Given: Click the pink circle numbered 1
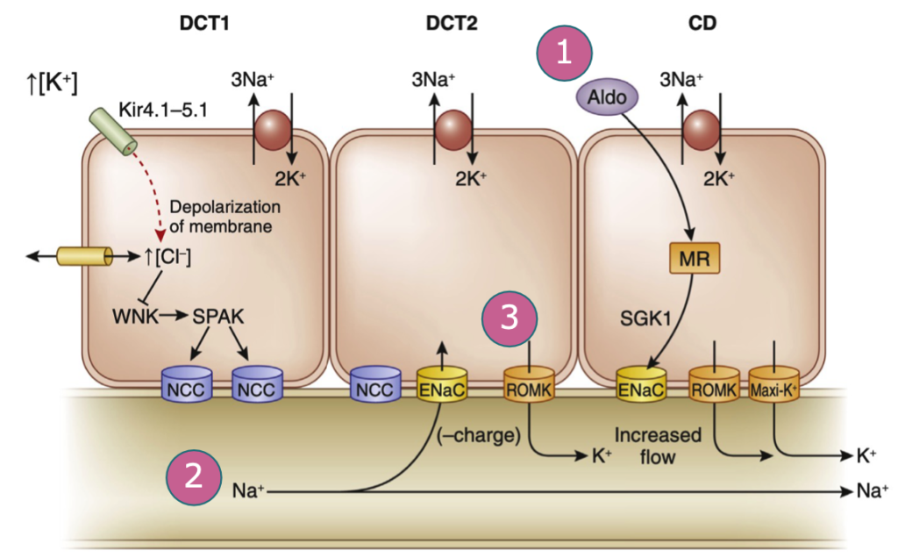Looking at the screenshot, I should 565,52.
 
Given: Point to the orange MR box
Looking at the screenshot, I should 693,259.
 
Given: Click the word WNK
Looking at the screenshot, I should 136,315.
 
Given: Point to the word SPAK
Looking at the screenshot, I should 218,315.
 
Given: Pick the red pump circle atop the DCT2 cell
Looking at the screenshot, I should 453,129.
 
